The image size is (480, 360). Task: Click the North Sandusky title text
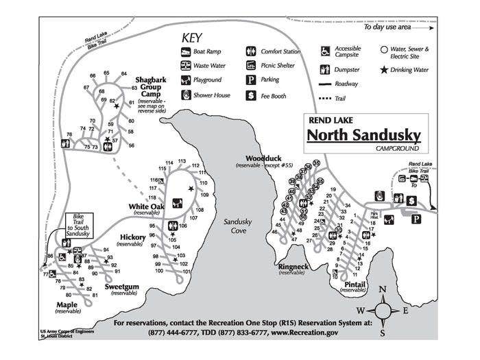(x=363, y=134)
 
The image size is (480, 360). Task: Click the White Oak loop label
(x=147, y=206)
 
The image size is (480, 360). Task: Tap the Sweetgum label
(x=123, y=287)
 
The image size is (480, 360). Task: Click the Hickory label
(x=133, y=237)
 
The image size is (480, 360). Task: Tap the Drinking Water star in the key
(x=384, y=70)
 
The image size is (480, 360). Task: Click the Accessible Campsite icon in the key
(x=324, y=51)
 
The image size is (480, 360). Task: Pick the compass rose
(x=384, y=310)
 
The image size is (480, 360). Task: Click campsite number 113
(x=182, y=161)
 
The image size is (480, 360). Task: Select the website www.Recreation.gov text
(x=305, y=333)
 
